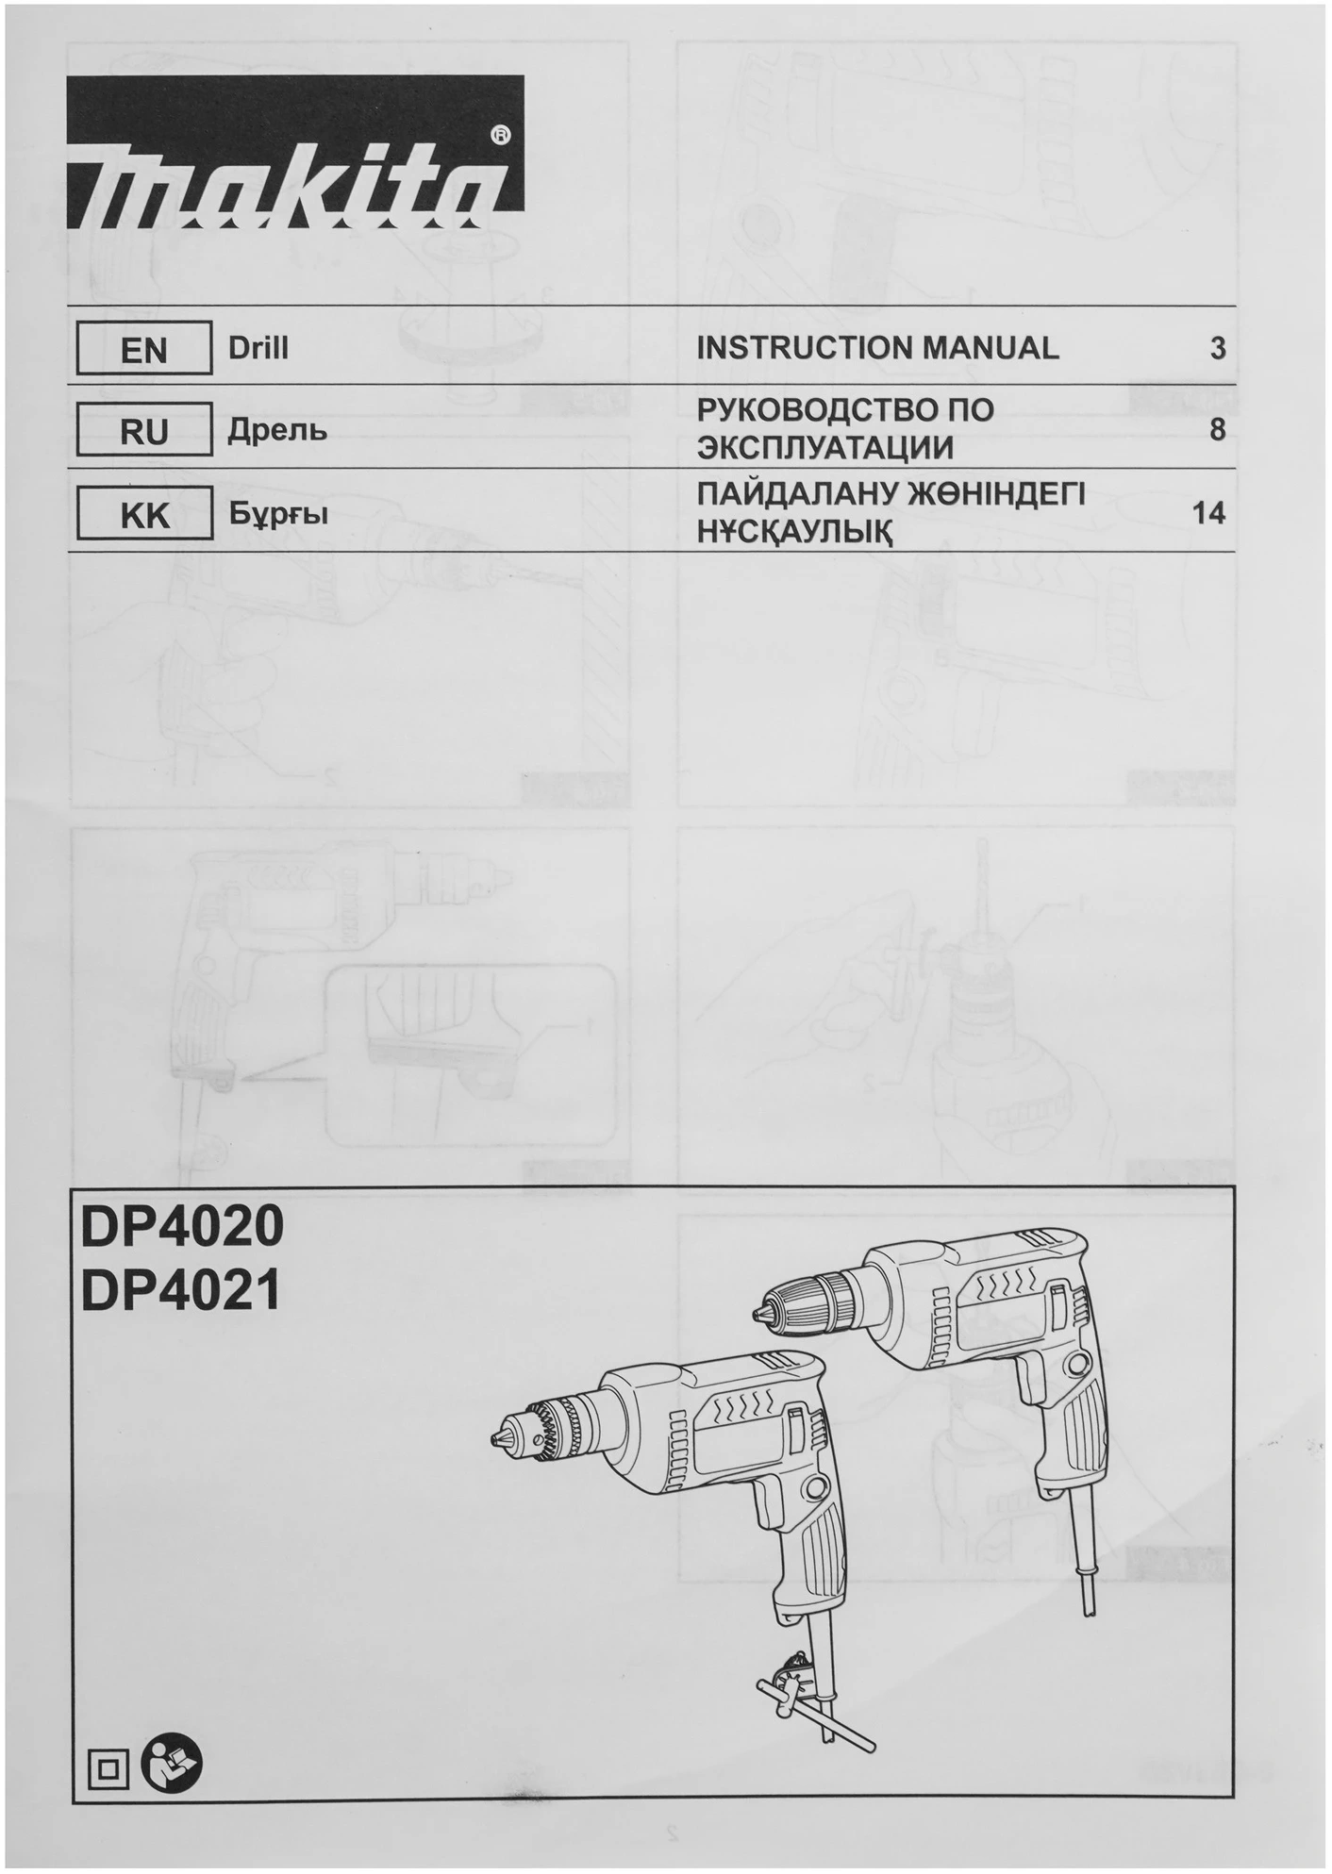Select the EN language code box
pyautogui.click(x=144, y=349)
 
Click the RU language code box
pyautogui.click(x=144, y=430)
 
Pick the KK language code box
pyautogui.click(x=144, y=514)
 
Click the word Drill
pyautogui.click(x=258, y=348)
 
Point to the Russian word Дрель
pyautogui.click(x=278, y=431)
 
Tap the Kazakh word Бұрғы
pyautogui.click(x=278, y=515)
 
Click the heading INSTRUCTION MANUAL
pyautogui.click(x=877, y=348)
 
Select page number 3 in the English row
pyautogui.click(x=1217, y=348)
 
